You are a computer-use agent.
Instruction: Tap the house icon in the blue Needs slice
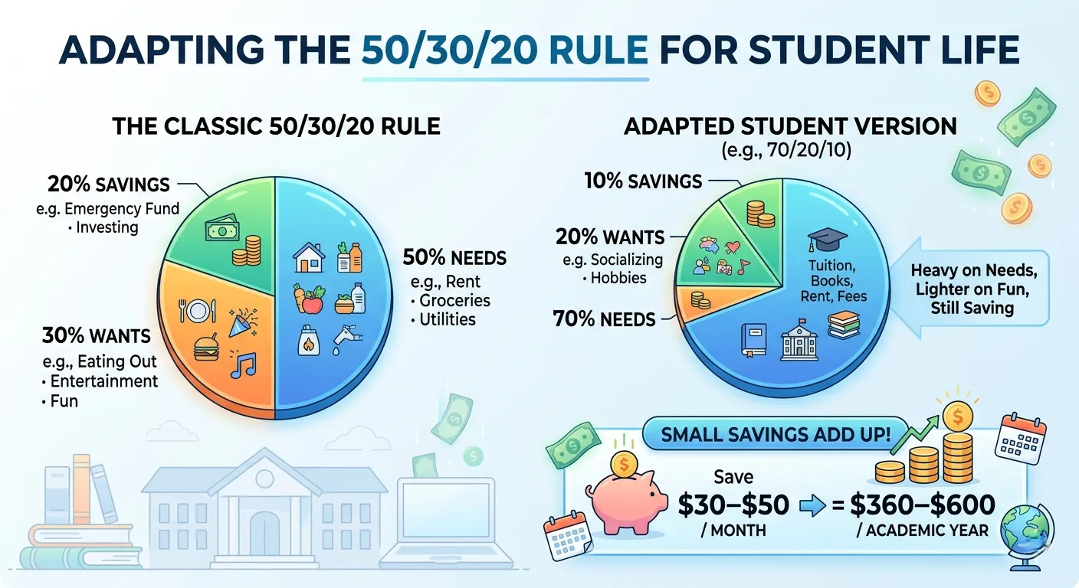(309, 258)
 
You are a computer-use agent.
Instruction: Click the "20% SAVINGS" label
(108, 185)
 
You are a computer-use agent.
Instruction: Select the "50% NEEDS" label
(454, 258)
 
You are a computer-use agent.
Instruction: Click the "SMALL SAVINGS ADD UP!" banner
(775, 435)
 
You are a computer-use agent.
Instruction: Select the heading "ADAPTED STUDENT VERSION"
(790, 126)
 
